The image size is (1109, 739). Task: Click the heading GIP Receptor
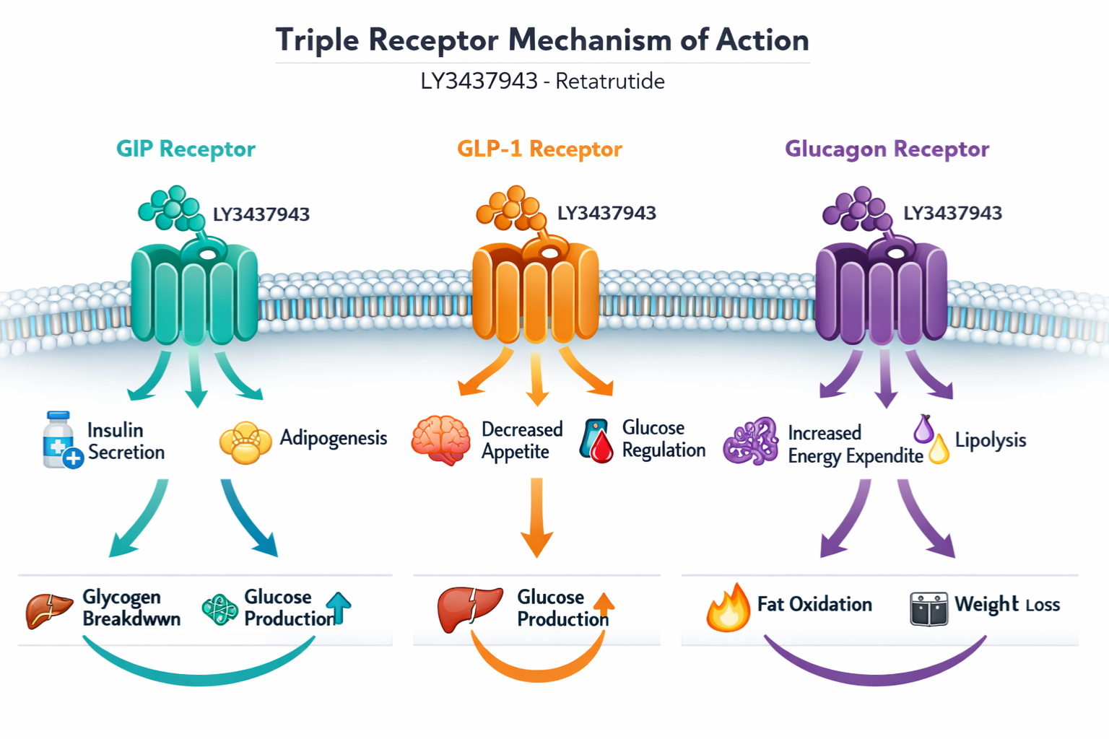tap(186, 149)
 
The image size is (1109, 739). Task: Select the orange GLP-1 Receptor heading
tap(539, 149)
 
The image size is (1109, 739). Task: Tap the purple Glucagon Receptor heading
tap(887, 149)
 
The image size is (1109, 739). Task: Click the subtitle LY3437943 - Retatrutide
tap(542, 81)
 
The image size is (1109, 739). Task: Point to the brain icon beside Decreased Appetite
tap(440, 440)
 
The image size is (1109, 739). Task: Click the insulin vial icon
tap(61, 440)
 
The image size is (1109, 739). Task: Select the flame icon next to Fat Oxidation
tap(728, 608)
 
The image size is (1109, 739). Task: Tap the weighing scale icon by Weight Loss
tap(928, 608)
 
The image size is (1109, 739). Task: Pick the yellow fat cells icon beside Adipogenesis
tap(245, 442)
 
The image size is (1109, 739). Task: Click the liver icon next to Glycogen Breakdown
tap(49, 610)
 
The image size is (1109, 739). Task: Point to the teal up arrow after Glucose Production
tap(339, 606)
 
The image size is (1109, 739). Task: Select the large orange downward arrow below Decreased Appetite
tap(536, 517)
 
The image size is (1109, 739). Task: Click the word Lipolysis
tap(990, 440)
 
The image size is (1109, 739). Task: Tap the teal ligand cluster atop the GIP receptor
tap(172, 208)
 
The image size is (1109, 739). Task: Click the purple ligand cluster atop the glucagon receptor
tap(857, 208)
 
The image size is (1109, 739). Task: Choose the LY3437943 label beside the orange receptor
tap(606, 213)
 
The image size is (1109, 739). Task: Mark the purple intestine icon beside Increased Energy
tap(751, 441)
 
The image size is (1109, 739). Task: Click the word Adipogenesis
tap(334, 438)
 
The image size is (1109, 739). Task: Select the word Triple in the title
tap(317, 40)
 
